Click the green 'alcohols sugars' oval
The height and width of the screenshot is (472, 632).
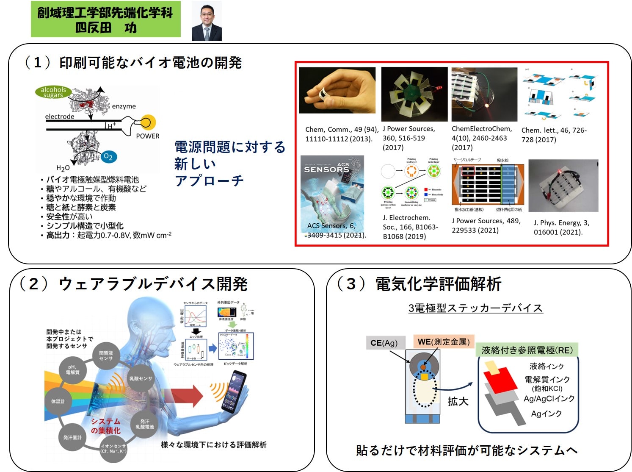[53, 92]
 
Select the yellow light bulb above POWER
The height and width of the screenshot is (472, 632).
[147, 123]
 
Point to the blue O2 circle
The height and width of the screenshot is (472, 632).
[108, 157]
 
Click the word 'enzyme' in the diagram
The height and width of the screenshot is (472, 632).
[124, 106]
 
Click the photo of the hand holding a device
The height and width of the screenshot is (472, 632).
[337, 90]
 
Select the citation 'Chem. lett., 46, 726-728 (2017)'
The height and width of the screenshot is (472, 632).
[554, 135]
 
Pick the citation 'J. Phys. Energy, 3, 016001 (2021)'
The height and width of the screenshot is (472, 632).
[561, 227]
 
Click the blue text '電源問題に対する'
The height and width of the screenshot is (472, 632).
[230, 147]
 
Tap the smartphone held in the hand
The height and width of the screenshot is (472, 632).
[234, 392]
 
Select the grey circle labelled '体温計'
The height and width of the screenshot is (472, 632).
[58, 401]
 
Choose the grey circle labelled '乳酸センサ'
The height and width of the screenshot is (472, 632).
[141, 378]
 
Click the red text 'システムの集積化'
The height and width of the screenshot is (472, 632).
[106, 426]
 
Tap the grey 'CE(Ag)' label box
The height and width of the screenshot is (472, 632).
[384, 343]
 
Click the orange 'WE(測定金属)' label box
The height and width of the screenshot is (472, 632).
[443, 342]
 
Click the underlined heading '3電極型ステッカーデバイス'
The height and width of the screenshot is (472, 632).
[475, 308]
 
